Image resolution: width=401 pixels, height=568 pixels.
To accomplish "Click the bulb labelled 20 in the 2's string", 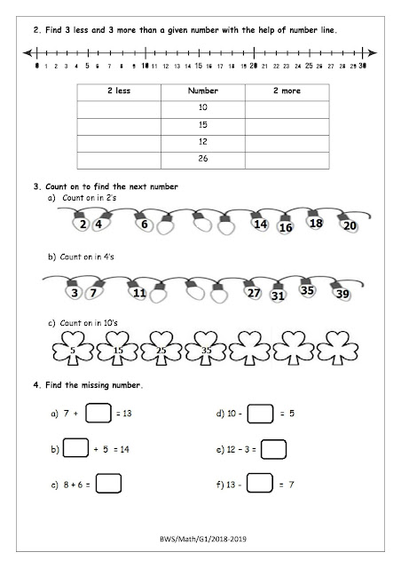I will pos(350,225).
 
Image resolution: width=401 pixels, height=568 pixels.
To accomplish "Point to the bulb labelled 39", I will pos(342,294).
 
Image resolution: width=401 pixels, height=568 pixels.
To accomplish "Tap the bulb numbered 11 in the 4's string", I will pos(138,292).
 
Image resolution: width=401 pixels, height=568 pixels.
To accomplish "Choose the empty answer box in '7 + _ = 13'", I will pos(99,414).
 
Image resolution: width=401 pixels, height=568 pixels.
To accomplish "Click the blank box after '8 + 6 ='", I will pos(108,485).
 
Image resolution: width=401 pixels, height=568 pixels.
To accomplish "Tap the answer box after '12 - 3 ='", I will pos(273,448).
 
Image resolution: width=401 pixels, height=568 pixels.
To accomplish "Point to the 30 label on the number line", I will pos(364,65).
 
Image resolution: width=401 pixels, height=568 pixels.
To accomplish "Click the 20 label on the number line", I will pos(254,65).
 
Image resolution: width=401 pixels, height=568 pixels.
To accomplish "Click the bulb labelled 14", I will pos(260,225).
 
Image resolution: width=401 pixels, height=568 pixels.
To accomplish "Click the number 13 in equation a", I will pos(127,414).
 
